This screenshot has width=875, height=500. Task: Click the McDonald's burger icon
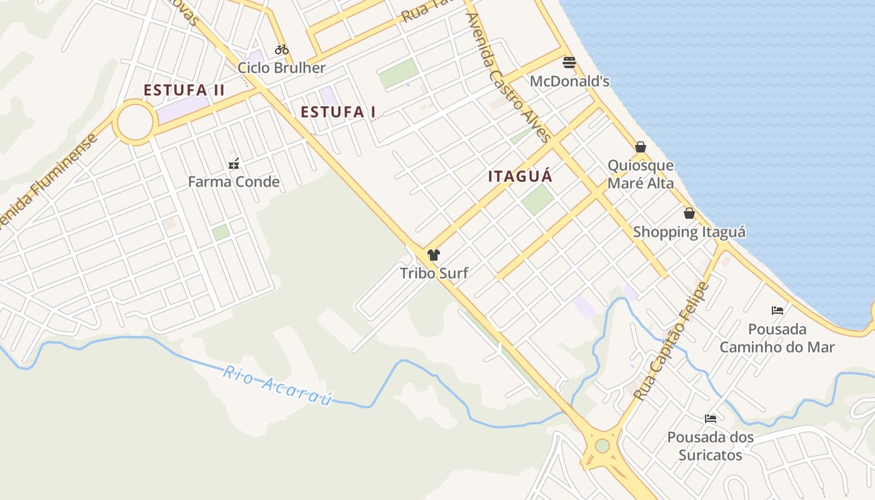click(x=569, y=62)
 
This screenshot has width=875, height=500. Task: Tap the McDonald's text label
click(x=569, y=81)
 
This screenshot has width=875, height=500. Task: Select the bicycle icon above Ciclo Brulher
click(x=282, y=49)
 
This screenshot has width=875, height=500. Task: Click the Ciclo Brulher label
click(x=282, y=67)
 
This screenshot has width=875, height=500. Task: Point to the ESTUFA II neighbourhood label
click(x=184, y=90)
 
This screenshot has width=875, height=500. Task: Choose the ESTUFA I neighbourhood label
click(x=338, y=112)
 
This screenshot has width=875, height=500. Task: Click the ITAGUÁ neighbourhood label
click(x=520, y=176)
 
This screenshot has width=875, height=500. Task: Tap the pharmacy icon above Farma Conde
click(x=234, y=164)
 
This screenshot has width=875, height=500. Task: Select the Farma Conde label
click(x=234, y=182)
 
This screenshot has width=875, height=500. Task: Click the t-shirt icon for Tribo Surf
click(x=434, y=254)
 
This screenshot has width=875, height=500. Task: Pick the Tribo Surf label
click(x=434, y=272)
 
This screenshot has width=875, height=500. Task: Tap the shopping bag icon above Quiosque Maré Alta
click(x=641, y=147)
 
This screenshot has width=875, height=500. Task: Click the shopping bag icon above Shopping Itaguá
click(x=689, y=213)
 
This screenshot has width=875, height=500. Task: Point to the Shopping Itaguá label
click(x=689, y=232)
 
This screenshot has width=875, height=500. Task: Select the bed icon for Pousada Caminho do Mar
click(x=777, y=310)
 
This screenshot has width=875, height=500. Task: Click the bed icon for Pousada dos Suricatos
click(x=710, y=418)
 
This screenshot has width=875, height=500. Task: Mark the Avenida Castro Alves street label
click(x=507, y=76)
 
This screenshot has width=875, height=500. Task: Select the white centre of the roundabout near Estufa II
click(x=135, y=122)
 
